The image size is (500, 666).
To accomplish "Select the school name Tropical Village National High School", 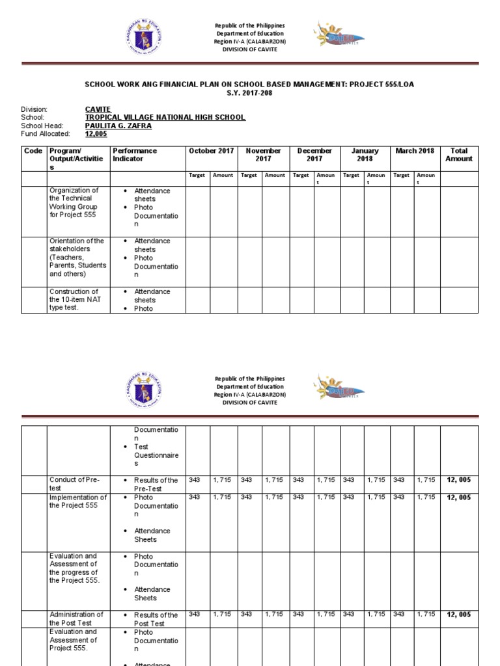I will (x=165, y=118).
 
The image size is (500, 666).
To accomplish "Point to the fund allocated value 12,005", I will (x=95, y=134).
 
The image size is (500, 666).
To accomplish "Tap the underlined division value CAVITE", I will (x=98, y=109).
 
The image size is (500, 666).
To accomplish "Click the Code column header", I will (x=33, y=151).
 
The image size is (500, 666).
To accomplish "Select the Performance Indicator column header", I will (x=135, y=155).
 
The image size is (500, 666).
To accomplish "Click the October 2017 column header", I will (x=211, y=151).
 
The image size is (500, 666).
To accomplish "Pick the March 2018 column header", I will (x=415, y=151).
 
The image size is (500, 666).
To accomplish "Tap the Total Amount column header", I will (x=459, y=155).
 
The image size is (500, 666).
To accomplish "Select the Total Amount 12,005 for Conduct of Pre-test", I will (x=459, y=480).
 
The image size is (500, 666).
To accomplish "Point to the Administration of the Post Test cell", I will (x=76, y=619).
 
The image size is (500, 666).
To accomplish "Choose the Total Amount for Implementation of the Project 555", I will (x=459, y=498).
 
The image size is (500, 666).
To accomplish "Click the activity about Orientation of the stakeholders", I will (x=77, y=258).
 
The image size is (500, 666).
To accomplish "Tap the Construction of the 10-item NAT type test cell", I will (x=74, y=300).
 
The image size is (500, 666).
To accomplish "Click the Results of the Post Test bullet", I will (x=156, y=619).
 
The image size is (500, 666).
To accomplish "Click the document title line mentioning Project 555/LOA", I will (x=249, y=85).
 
